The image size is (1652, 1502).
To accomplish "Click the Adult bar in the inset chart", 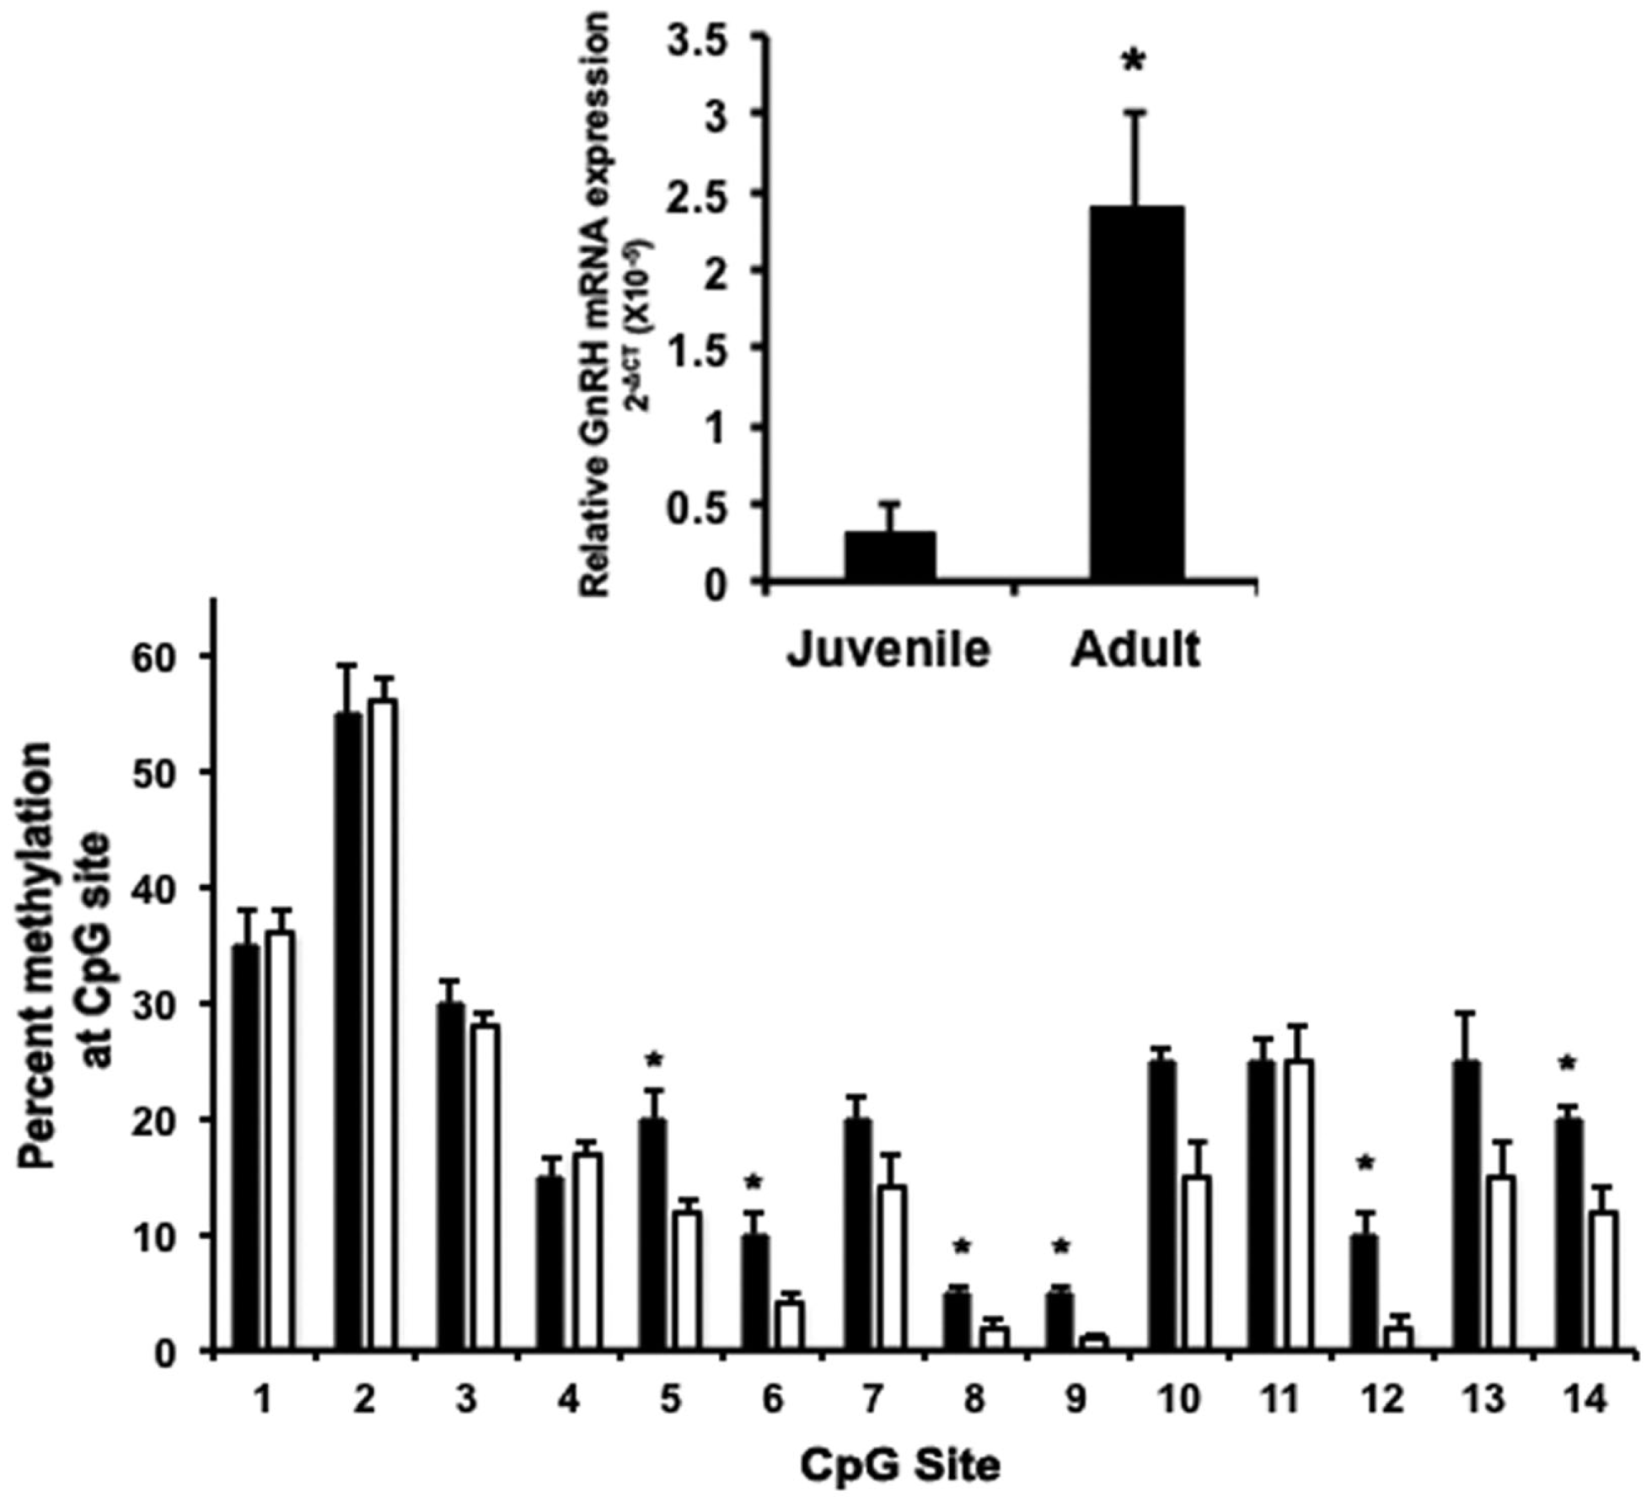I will pos(1137,393).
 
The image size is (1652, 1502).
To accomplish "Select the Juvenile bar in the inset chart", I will pos(890,555).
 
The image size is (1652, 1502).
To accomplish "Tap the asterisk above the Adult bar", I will pos(1135,62).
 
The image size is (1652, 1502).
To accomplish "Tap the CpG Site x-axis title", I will pos(899,1466).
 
